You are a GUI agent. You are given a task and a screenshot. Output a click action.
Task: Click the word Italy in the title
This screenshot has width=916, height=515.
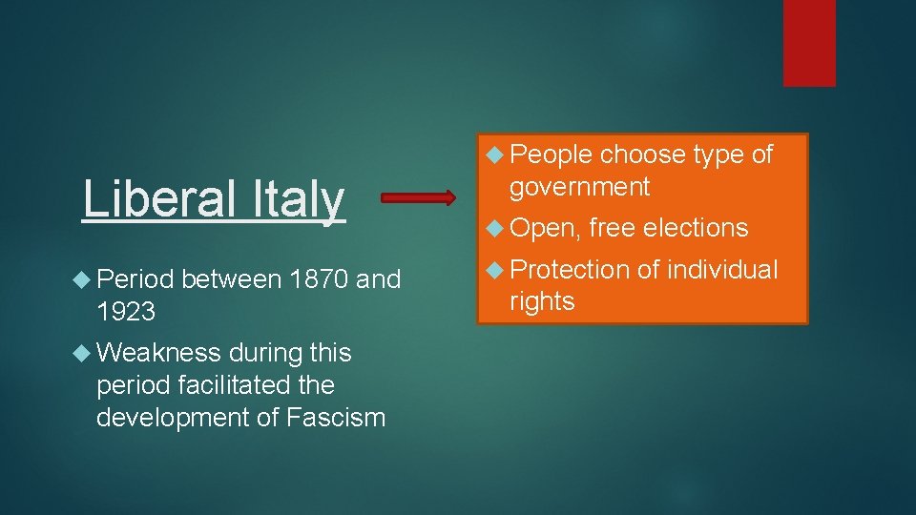299,199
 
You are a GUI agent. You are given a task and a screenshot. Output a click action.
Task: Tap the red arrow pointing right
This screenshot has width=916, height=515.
419,198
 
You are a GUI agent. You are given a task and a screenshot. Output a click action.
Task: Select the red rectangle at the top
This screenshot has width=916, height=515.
809,43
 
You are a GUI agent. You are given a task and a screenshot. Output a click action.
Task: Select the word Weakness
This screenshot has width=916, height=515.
158,353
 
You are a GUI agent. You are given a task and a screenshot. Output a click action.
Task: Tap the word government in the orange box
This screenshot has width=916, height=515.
579,187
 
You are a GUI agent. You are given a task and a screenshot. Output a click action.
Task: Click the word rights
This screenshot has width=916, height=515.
542,302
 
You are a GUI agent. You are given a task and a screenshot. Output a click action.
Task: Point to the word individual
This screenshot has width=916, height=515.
722,270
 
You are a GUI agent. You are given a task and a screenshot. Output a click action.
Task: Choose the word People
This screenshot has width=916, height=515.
551,154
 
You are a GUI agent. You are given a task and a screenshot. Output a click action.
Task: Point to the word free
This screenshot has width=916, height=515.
613,228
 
